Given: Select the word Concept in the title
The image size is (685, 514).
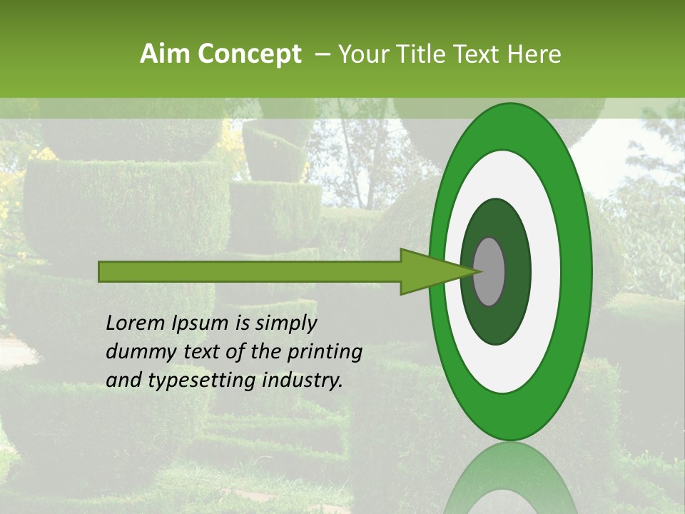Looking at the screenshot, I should pyautogui.click(x=250, y=54).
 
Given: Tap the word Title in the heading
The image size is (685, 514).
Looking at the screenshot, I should pyautogui.click(x=427, y=54).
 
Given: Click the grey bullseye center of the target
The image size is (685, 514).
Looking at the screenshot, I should pyautogui.click(x=489, y=271).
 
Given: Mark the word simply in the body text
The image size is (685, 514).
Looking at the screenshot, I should pyautogui.click(x=285, y=324).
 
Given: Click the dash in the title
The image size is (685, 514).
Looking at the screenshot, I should pyautogui.click(x=322, y=54).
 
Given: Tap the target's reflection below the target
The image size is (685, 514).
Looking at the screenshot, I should pyautogui.click(x=511, y=478).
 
